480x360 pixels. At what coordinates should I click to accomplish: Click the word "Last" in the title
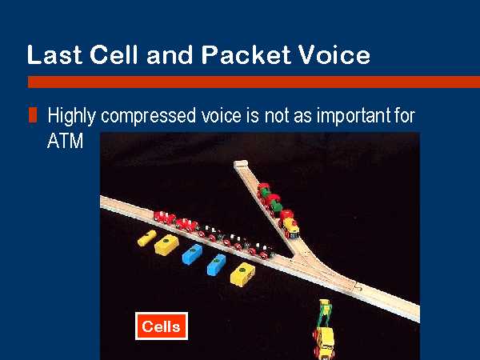pyautogui.click(x=54, y=54)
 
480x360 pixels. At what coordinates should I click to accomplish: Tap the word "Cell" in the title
pyautogui.click(x=114, y=54)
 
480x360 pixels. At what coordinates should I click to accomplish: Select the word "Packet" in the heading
pyautogui.click(x=246, y=54)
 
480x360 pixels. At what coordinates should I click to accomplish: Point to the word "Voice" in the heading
pyautogui.click(x=334, y=54)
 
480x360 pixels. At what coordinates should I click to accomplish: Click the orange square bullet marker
pyautogui.click(x=33, y=114)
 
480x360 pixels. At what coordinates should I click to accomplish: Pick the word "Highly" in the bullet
pyautogui.click(x=72, y=116)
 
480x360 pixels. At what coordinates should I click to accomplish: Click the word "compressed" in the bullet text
pyautogui.click(x=148, y=116)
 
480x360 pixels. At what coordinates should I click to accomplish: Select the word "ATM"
pyautogui.click(x=65, y=141)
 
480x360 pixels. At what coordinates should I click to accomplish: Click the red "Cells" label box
pyautogui.click(x=162, y=326)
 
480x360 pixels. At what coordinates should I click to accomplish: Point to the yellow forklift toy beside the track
pyautogui.click(x=324, y=330)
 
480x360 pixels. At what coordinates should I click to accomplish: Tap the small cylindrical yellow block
pyautogui.click(x=147, y=238)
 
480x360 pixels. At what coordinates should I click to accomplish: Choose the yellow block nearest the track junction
pyautogui.click(x=242, y=274)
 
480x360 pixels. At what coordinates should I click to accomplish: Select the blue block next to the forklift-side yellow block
pyautogui.click(x=216, y=265)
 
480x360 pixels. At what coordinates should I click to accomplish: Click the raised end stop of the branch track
pyautogui.click(x=241, y=164)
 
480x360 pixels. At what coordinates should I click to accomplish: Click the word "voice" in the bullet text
pyautogui.click(x=221, y=116)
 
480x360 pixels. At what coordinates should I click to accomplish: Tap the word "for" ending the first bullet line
pyautogui.click(x=405, y=116)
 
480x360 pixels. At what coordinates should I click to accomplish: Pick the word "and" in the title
pyautogui.click(x=170, y=54)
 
